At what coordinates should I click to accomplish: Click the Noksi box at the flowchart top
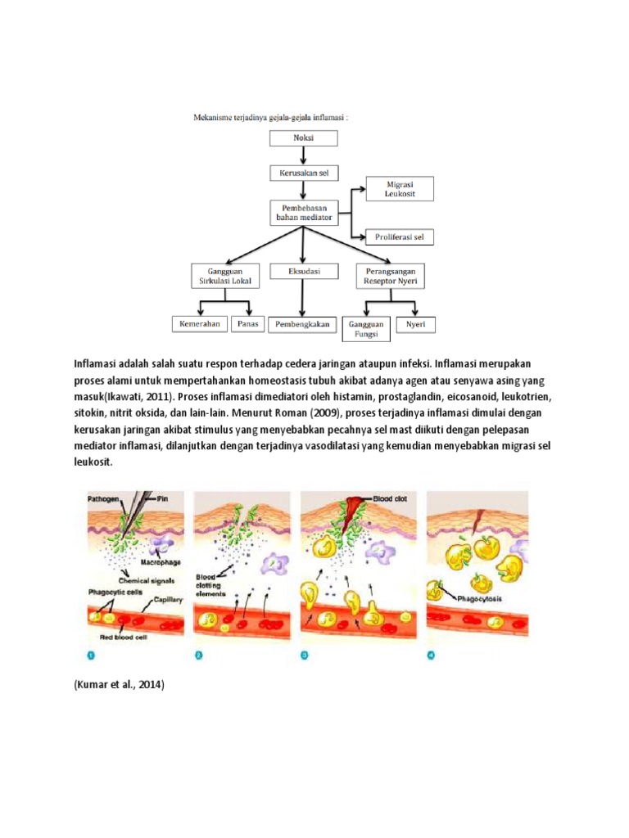pyautogui.click(x=303, y=137)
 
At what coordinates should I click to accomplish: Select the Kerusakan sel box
pyautogui.click(x=303, y=173)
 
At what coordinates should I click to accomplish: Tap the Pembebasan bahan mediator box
pyautogui.click(x=303, y=213)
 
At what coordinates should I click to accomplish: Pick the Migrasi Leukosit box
pyautogui.click(x=400, y=189)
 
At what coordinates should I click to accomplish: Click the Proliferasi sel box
pyautogui.click(x=400, y=237)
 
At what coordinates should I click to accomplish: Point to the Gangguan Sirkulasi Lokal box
pyautogui.click(x=224, y=274)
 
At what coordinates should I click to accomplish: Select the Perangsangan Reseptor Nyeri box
pyautogui.click(x=390, y=274)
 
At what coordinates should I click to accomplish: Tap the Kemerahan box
pyautogui.click(x=200, y=324)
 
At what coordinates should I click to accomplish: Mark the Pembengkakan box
pyautogui.click(x=302, y=324)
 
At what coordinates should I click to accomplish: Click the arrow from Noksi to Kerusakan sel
pyautogui.click(x=303, y=155)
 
